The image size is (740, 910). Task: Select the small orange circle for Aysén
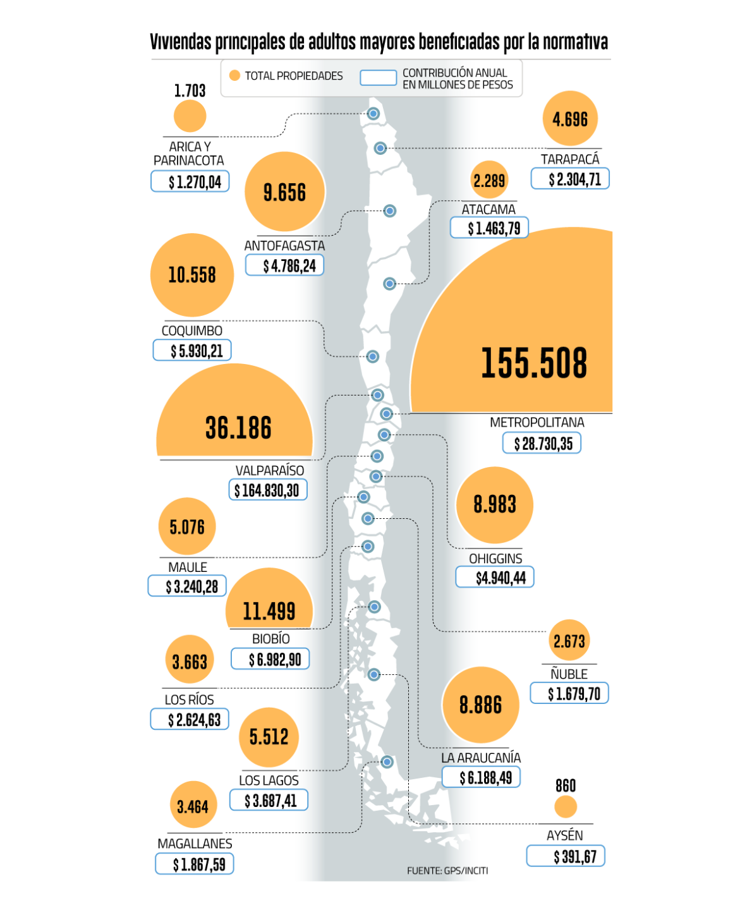[x=566, y=807]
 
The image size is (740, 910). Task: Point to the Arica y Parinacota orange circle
[x=190, y=117]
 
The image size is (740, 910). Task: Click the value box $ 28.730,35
[x=542, y=444]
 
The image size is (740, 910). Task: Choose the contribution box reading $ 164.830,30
[x=268, y=490]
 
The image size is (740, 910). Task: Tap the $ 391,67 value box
[x=566, y=857]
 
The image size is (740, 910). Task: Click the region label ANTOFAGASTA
[x=284, y=246]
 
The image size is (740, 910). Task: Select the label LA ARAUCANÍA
[x=481, y=758]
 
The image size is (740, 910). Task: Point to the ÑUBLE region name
[x=569, y=674]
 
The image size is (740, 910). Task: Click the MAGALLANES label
[x=195, y=844]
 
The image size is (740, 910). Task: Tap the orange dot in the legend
[x=234, y=76]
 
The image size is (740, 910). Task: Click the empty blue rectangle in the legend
[x=378, y=78]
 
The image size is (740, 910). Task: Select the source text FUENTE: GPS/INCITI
[x=447, y=871]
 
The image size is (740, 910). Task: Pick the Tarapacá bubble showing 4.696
[x=570, y=119]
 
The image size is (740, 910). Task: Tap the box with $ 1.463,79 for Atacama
[x=489, y=228]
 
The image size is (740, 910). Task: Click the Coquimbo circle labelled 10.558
[x=192, y=275]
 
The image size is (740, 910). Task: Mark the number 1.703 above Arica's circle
[x=190, y=91]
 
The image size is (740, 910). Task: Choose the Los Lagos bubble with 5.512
[x=269, y=737]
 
